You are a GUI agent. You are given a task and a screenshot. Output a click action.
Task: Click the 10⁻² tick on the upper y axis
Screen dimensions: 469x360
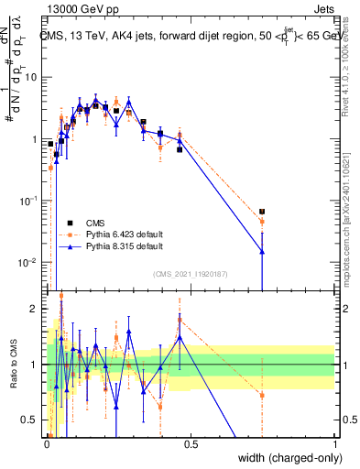[x=30, y=263]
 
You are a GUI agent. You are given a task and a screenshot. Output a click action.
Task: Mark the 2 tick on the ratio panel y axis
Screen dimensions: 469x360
[x=38, y=310]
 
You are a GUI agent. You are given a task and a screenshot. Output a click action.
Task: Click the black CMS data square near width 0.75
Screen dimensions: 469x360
[x=262, y=212]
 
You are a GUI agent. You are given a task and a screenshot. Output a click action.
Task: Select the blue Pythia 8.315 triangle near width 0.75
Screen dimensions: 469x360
[x=262, y=251]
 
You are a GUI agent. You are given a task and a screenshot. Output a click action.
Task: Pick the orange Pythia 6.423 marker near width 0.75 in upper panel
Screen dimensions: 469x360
[x=262, y=222]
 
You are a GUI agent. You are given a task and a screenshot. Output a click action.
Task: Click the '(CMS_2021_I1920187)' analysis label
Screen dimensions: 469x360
[x=191, y=273]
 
